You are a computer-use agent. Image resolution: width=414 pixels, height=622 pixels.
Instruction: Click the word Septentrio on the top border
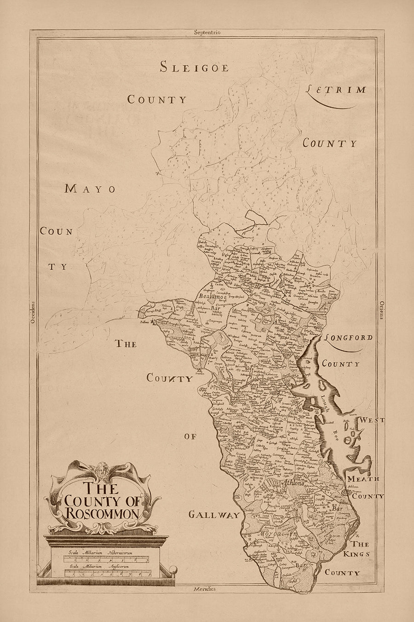coord(207,32)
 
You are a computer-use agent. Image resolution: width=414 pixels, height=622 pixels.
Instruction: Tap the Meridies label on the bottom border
coord(204,589)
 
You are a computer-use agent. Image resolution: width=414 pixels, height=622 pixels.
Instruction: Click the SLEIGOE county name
coord(194,67)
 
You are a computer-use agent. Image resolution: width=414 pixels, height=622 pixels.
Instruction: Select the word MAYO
coord(90,188)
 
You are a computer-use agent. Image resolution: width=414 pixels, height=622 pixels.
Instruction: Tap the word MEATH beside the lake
coord(363,479)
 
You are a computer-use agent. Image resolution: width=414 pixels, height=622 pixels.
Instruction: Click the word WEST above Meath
coord(372,420)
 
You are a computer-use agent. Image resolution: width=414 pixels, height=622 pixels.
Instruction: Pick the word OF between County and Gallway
coord(190,436)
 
